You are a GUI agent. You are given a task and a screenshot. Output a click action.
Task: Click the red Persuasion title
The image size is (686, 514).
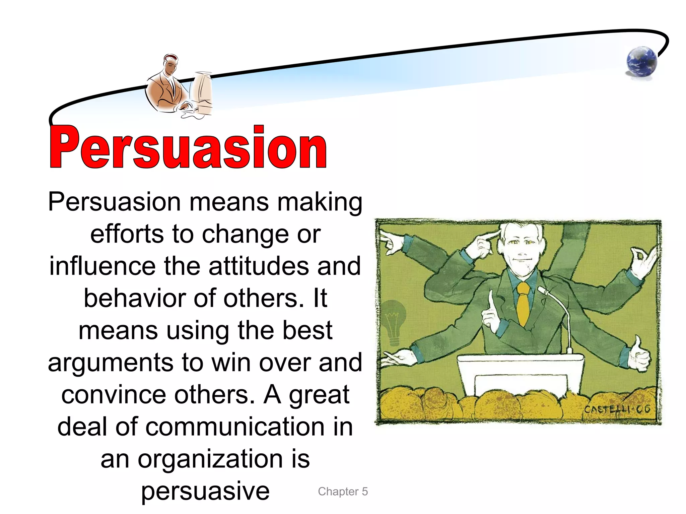(188, 147)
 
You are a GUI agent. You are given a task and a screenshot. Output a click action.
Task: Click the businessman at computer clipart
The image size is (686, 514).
(178, 87)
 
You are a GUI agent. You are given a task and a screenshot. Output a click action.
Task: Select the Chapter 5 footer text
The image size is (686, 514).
(343, 492)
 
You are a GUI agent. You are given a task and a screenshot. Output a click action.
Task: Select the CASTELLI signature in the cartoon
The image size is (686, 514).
(617, 409)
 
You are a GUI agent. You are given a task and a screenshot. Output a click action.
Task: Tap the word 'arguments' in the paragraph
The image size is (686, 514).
(111, 363)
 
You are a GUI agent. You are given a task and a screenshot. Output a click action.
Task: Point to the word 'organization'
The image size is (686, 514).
(210, 459)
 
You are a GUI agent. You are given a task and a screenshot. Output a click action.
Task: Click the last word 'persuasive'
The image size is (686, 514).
(205, 491)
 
